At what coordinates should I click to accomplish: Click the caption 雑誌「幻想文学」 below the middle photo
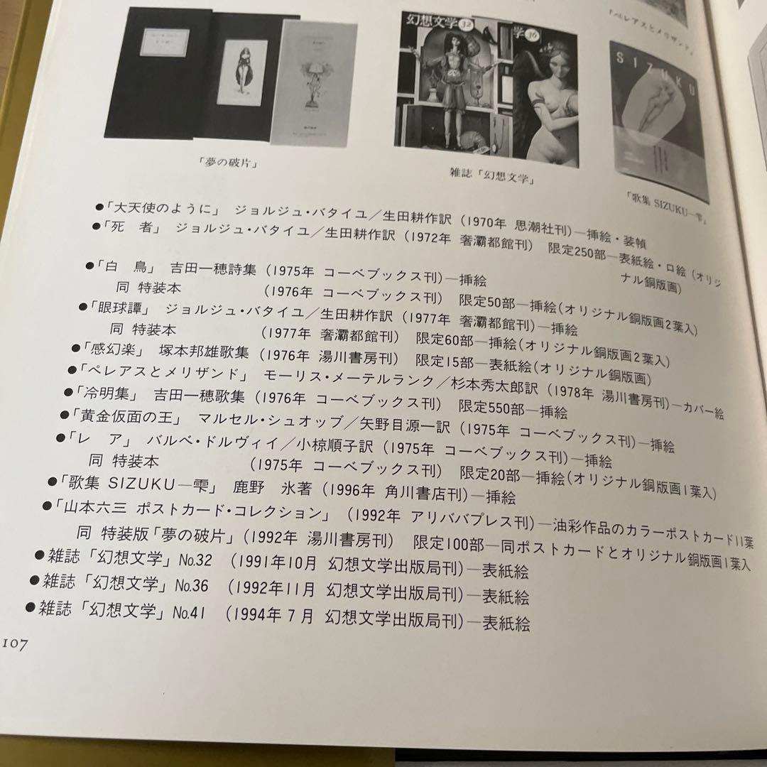492,175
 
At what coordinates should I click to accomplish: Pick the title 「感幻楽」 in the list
114,351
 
